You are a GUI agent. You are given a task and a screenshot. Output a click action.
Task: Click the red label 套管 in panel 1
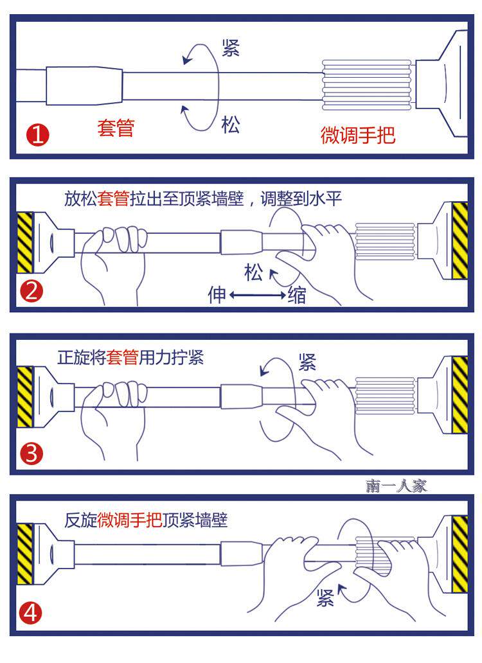tap(116, 127)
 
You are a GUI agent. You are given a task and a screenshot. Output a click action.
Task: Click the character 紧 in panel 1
tap(231, 48)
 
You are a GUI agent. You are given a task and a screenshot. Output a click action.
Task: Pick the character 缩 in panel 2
tap(297, 296)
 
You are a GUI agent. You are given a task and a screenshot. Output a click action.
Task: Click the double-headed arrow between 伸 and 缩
tap(257, 296)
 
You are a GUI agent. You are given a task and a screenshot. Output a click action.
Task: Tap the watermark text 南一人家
tap(397, 486)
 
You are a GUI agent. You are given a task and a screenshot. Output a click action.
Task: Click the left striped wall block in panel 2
tap(24, 242)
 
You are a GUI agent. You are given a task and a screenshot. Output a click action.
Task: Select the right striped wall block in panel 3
tap(460, 394)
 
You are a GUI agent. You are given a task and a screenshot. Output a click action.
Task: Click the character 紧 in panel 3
tap(307, 362)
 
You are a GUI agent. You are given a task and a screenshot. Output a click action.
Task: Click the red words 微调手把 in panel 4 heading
tap(130, 520)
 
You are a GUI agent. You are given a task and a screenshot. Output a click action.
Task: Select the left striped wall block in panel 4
tap(24, 554)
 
